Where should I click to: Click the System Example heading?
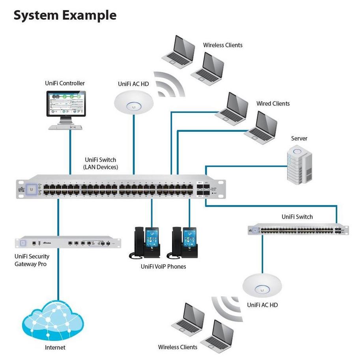65,15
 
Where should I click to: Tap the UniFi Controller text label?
65,83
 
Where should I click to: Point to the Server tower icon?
299,163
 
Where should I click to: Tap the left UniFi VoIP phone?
144,243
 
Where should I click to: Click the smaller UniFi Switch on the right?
298,229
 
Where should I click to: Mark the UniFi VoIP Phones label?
163,267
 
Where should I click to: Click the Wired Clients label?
273,103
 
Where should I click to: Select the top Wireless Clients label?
223,45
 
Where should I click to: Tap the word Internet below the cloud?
55,348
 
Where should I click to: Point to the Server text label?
299,138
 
